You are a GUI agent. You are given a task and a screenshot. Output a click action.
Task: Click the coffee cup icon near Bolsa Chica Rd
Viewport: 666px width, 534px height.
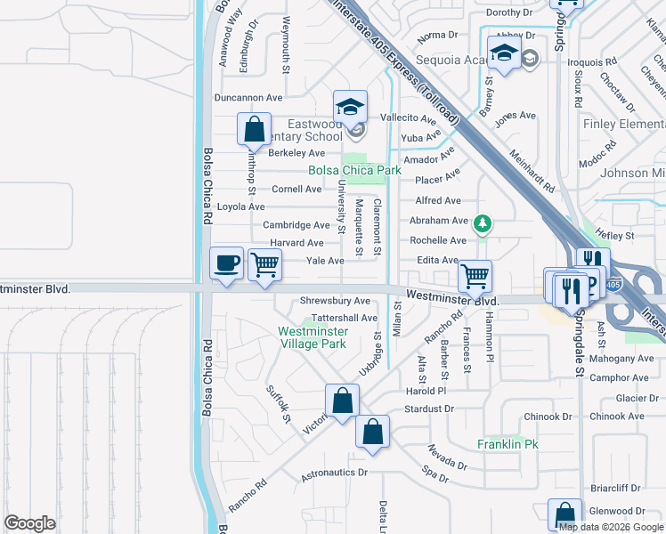tap(226, 263)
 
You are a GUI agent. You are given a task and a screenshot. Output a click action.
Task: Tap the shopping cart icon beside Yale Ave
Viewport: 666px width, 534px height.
tap(264, 264)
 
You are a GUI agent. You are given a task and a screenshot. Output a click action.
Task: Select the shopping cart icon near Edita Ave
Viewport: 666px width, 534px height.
tap(475, 276)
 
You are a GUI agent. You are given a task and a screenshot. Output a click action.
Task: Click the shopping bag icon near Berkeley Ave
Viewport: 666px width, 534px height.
tap(255, 129)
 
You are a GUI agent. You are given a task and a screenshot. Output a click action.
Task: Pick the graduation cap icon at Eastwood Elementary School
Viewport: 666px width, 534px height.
tap(351, 107)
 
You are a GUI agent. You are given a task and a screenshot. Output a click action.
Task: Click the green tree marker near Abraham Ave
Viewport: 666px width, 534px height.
tap(482, 222)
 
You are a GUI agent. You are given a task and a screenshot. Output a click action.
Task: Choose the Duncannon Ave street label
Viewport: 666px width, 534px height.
tap(248, 98)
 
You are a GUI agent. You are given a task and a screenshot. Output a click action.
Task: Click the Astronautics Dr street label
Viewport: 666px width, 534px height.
tap(334, 473)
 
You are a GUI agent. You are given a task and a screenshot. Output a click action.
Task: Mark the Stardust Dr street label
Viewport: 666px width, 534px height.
tap(429, 409)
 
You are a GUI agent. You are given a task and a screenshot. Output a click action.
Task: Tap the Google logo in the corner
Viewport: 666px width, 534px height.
tap(29, 523)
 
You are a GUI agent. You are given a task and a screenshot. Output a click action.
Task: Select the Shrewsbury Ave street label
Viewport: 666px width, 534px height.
tap(335, 301)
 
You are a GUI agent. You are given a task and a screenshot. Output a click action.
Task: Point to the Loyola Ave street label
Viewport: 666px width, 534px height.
tap(241, 206)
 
